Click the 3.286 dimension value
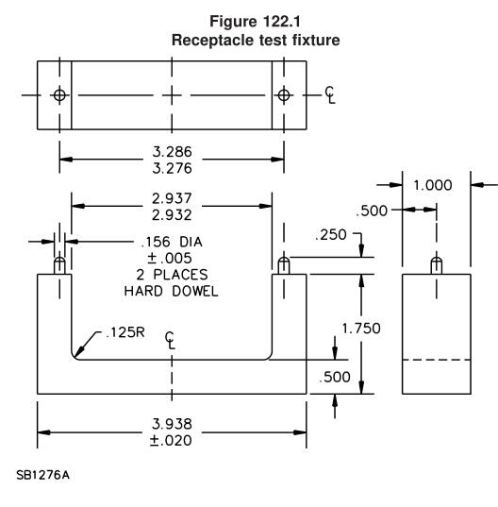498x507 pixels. pos(173,152)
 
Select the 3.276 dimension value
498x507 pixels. pos(173,168)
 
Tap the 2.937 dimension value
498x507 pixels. pos(173,198)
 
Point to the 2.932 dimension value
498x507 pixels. pos(173,215)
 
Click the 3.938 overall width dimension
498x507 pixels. pos(173,424)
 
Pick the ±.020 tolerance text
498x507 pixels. pos(171,440)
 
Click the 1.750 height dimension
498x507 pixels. pos(361,329)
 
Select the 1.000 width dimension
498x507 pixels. pos(433,185)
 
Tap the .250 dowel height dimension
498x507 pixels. pos(331,235)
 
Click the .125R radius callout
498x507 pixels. pos(125,332)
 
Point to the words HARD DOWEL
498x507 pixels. pos(171,292)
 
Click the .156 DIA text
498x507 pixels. pos(173,242)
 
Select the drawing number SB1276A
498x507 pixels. pos(43,475)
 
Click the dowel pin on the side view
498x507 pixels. pos(437,265)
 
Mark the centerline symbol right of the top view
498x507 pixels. pos(330,95)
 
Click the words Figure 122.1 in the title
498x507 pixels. pos(256,22)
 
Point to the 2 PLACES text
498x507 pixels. pos(173,275)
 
